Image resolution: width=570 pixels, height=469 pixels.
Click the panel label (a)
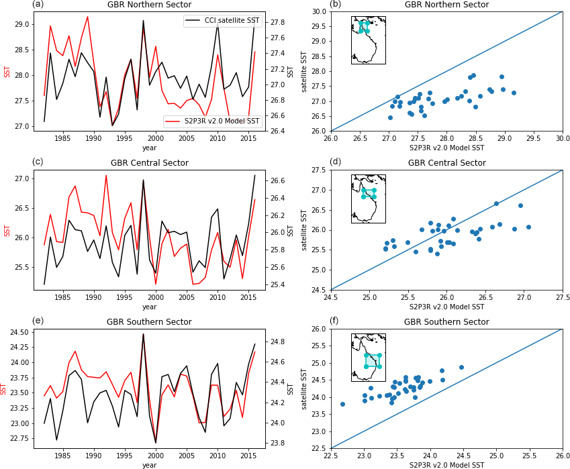tap(38, 5)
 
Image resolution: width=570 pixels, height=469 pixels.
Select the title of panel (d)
tap(446, 163)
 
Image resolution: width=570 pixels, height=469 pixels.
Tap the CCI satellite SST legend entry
tap(222, 21)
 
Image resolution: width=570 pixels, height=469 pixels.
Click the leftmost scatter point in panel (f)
tap(342, 404)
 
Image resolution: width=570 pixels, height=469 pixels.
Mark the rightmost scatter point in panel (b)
tap(514, 93)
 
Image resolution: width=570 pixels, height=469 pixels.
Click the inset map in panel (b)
tap(368, 40)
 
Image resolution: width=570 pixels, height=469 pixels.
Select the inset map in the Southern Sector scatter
tap(368, 358)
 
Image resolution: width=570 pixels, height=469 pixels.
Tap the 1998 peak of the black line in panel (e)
tap(143, 334)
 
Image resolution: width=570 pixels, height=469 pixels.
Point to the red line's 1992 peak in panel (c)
tap(106, 176)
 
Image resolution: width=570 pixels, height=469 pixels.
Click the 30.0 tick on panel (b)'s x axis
tap(562, 138)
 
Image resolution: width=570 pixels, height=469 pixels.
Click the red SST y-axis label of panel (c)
tap(7, 230)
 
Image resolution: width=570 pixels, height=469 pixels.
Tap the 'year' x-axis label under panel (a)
tap(149, 148)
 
